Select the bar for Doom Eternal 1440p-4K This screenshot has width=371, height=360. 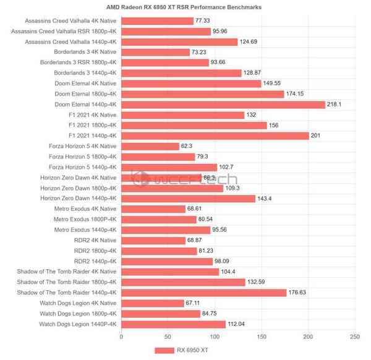point(223,105)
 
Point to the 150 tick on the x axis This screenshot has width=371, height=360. point(261,337)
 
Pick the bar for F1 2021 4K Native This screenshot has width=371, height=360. point(182,115)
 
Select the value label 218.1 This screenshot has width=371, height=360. point(334,105)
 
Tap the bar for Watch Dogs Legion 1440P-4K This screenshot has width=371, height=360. point(173,324)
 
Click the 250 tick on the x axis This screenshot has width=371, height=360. point(354,337)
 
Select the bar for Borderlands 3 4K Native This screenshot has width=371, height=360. point(155,53)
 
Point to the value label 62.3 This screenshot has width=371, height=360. point(188,146)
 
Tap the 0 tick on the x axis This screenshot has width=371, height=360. point(121,337)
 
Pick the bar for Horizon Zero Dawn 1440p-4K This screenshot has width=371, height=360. point(188,199)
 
